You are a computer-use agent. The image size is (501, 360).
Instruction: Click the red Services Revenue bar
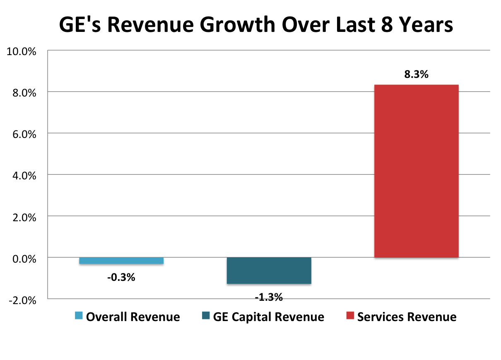point(416,171)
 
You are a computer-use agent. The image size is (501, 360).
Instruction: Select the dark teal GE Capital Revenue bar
point(269,271)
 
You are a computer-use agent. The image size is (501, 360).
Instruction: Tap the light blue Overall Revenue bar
point(121,261)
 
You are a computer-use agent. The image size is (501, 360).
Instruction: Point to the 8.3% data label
point(416,75)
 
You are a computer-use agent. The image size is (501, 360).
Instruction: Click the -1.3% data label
point(269,297)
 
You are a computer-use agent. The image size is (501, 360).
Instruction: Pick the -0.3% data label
point(121,278)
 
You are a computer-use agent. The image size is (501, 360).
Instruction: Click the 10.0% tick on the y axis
point(25,51)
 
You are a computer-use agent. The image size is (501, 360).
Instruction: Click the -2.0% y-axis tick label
point(26,300)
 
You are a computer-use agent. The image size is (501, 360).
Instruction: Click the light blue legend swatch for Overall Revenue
point(79,317)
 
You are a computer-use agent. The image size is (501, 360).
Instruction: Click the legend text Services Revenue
point(407,317)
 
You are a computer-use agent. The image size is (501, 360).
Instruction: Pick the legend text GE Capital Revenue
point(268,317)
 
